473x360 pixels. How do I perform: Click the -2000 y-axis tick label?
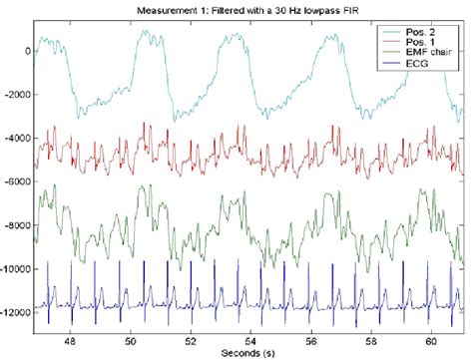18,93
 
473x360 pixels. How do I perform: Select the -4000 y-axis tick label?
18,137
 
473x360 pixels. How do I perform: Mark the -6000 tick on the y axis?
18,180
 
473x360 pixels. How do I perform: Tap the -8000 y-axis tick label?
18,224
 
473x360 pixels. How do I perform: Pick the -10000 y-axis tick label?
16,268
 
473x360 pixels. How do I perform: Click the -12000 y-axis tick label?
16,311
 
